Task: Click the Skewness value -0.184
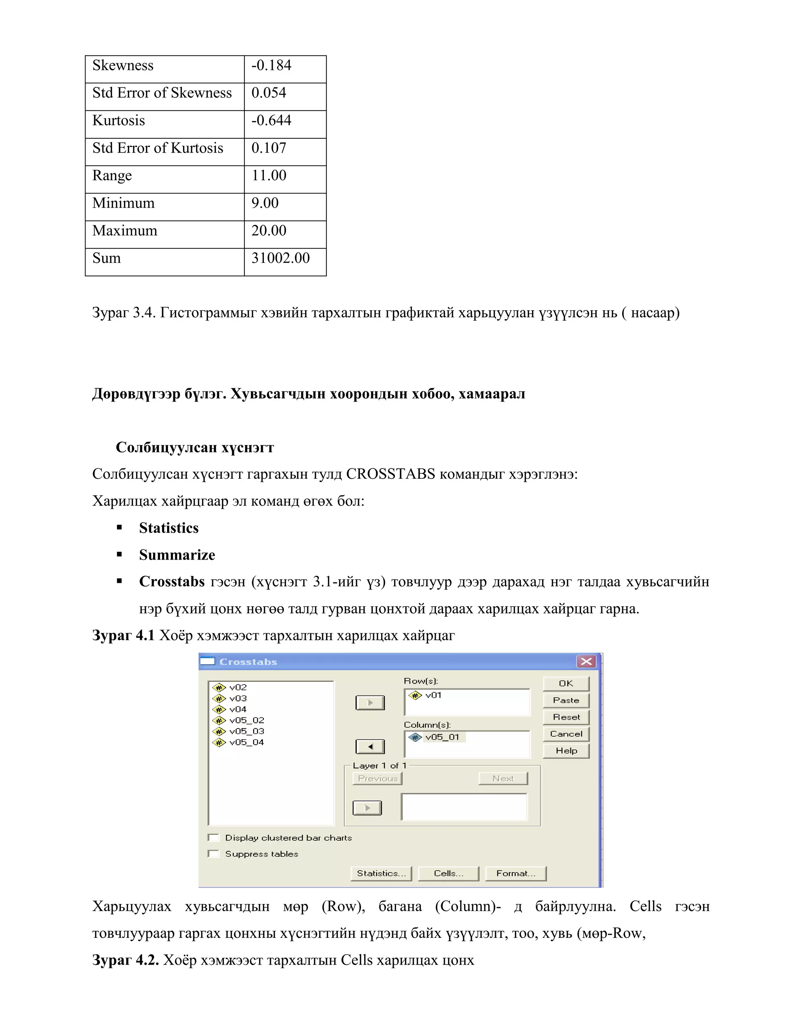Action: click(271, 66)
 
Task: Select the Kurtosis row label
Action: click(119, 121)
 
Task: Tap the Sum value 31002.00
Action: click(280, 258)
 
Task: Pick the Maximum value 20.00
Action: click(269, 231)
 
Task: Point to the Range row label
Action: click(112, 176)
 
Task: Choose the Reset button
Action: click(566, 717)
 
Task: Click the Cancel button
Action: click(566, 734)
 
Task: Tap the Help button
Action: click(566, 751)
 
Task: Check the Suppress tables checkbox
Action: click(214, 854)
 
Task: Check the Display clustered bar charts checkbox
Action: click(214, 838)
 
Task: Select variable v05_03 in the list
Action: click(246, 731)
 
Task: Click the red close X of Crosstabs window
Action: click(586, 662)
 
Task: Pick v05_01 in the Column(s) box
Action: click(442, 737)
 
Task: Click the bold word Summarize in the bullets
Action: click(177, 555)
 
